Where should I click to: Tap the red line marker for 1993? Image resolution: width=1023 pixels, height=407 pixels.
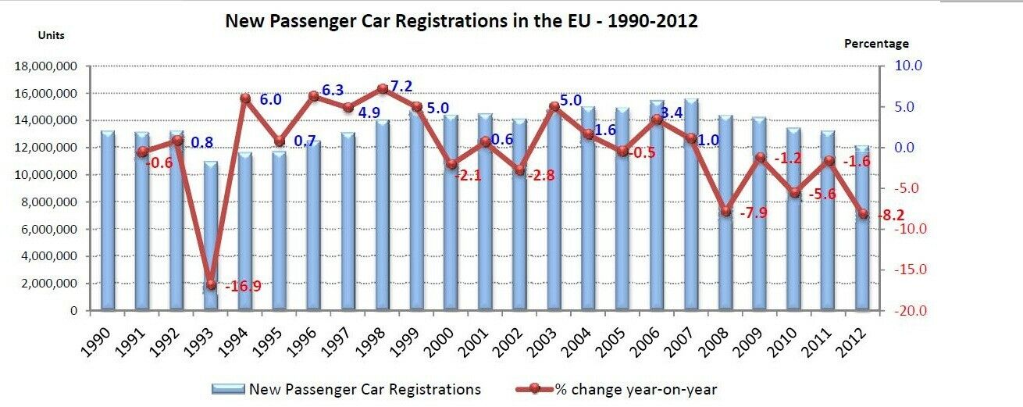click(211, 284)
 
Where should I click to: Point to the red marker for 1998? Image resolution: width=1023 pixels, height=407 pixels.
click(383, 89)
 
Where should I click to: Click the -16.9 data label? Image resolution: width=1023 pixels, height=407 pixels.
click(243, 287)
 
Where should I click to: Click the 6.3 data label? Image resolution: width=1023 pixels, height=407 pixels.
click(333, 91)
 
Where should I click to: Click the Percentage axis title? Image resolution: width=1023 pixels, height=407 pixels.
click(876, 44)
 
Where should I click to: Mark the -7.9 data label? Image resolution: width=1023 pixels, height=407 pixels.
click(753, 212)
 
